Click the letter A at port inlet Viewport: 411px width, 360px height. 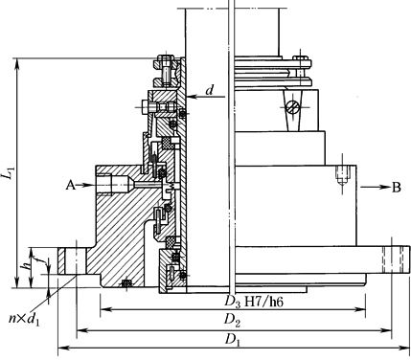(x=71, y=185)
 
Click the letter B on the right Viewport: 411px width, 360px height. (x=397, y=188)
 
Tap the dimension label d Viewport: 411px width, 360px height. (x=210, y=90)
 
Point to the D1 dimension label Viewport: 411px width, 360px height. (x=232, y=340)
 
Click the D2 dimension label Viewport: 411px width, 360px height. (x=232, y=320)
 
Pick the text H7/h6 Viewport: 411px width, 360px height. (x=263, y=302)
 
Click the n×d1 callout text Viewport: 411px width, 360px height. (x=24, y=319)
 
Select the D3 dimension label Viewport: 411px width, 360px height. (x=232, y=302)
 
